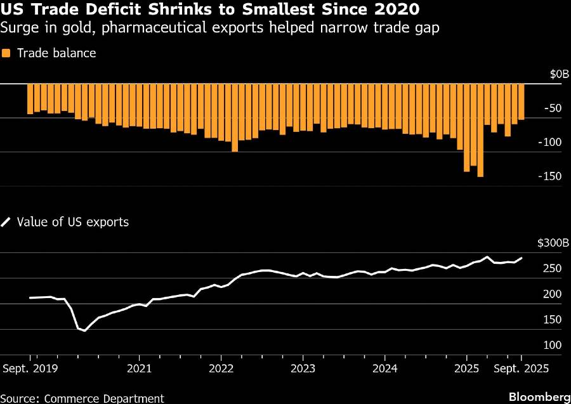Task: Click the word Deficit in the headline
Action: [x=105, y=11]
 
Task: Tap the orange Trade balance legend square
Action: [x=6, y=53]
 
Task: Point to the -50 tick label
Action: [x=553, y=108]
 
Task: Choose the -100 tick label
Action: [x=550, y=142]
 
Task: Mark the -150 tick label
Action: [x=550, y=176]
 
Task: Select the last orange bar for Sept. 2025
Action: [x=522, y=101]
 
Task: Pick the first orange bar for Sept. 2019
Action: [x=30, y=99]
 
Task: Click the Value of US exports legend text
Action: [x=73, y=222]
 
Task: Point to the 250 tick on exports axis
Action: [x=553, y=270]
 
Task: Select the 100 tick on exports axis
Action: [x=553, y=346]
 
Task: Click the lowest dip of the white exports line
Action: [x=84, y=330]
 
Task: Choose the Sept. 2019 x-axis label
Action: [x=30, y=368]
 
